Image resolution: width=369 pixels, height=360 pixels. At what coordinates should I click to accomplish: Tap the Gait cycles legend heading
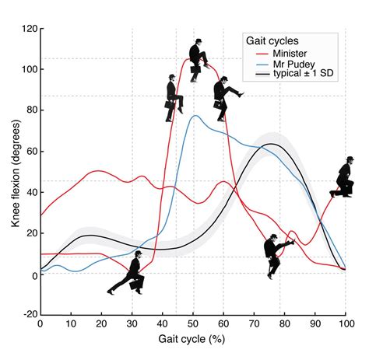click(x=274, y=39)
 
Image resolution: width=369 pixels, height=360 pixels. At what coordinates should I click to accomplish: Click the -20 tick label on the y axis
click(x=26, y=316)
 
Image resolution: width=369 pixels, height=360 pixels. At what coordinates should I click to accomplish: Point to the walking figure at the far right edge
click(x=344, y=179)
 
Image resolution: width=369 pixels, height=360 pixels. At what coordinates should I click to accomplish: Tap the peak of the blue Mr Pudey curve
click(x=195, y=117)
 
